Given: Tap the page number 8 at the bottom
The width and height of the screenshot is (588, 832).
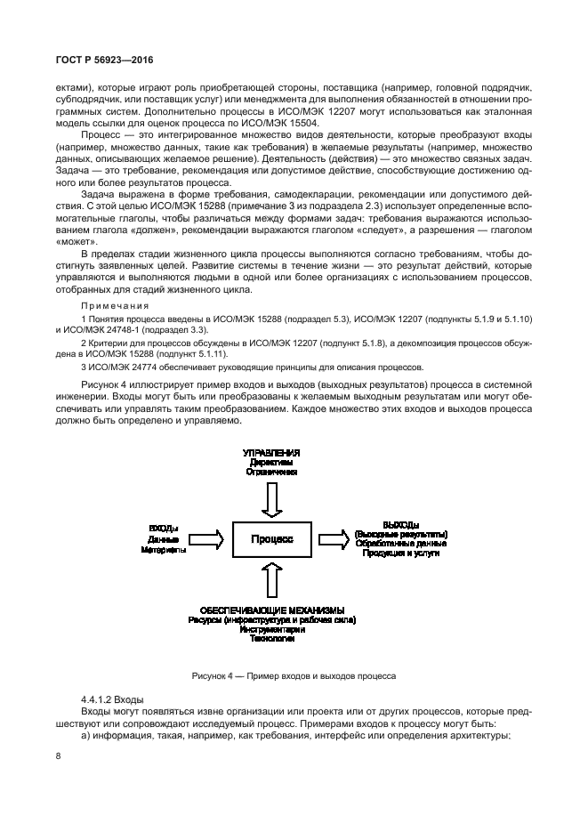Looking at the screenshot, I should coord(58,755).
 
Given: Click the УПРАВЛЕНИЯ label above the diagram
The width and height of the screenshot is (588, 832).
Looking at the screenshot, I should coord(271,453).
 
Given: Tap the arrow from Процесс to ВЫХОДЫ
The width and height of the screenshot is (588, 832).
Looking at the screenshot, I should coord(334,537).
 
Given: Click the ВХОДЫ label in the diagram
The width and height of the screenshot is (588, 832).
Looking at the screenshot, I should coord(163,529).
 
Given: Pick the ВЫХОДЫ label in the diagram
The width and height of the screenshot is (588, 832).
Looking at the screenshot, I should coord(400,524).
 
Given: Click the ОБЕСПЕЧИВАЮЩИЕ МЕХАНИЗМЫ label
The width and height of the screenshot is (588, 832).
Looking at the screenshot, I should coord(271,610).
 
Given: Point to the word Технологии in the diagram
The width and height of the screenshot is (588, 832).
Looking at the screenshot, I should coord(271,639).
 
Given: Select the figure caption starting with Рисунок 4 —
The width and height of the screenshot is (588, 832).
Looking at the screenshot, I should coord(294,677).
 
